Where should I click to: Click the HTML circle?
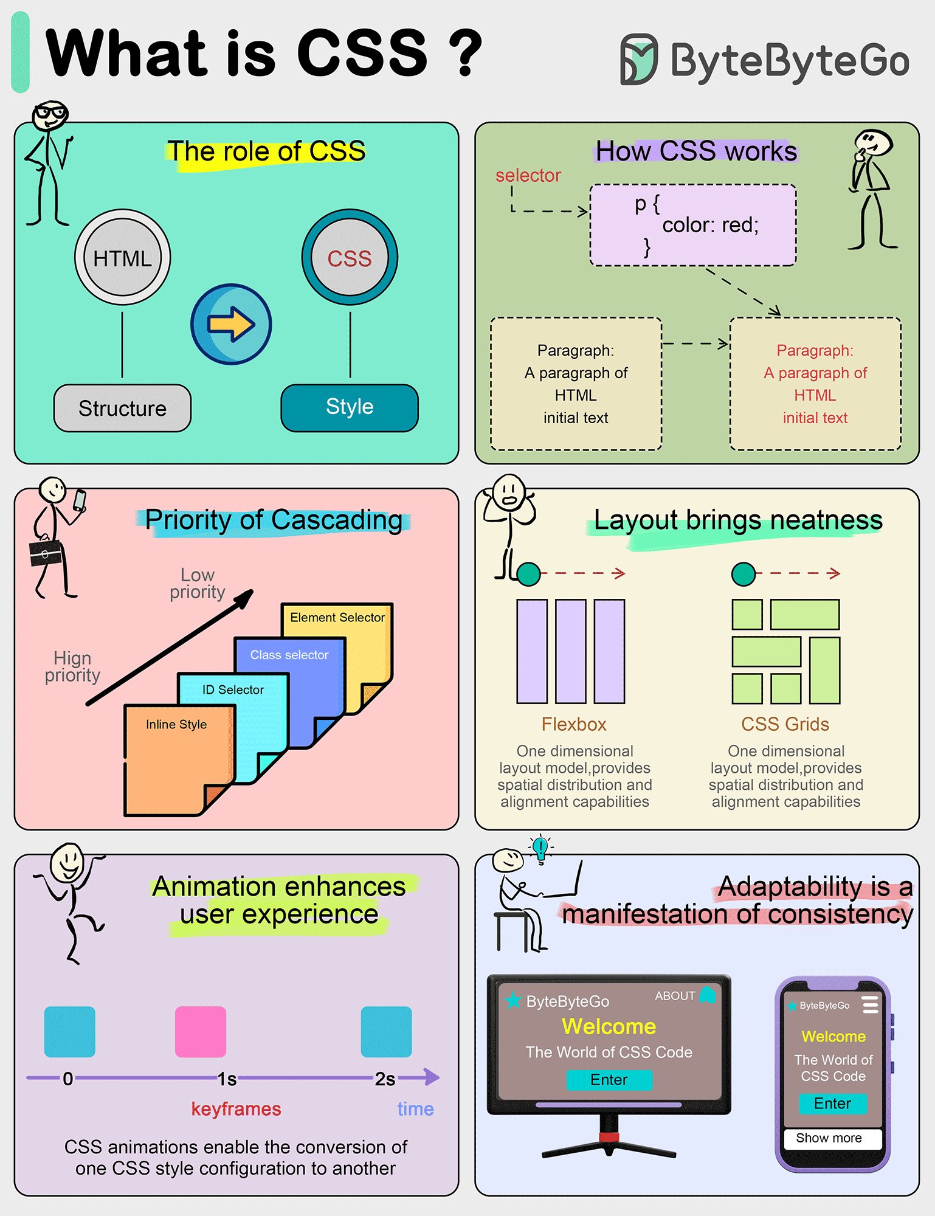click(x=123, y=258)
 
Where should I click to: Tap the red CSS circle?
click(x=350, y=258)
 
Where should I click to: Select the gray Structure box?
click(x=122, y=408)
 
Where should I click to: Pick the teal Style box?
click(x=350, y=407)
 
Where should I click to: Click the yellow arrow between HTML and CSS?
click(x=231, y=324)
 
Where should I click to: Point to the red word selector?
click(x=528, y=175)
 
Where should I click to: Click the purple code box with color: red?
click(x=693, y=225)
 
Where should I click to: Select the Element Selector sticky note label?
click(x=337, y=617)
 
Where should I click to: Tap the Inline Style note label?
click(x=176, y=724)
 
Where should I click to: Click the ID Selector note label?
click(x=233, y=689)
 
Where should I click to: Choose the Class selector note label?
click(x=289, y=655)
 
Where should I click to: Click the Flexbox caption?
click(x=574, y=724)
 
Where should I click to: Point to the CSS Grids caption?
click(x=785, y=724)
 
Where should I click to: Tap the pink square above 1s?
click(x=201, y=1032)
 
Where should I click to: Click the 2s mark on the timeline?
click(x=385, y=1079)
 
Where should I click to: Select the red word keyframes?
click(x=236, y=1109)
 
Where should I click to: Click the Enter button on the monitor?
click(x=609, y=1080)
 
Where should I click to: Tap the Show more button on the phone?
click(x=829, y=1138)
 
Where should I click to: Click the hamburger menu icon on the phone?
click(x=871, y=1004)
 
